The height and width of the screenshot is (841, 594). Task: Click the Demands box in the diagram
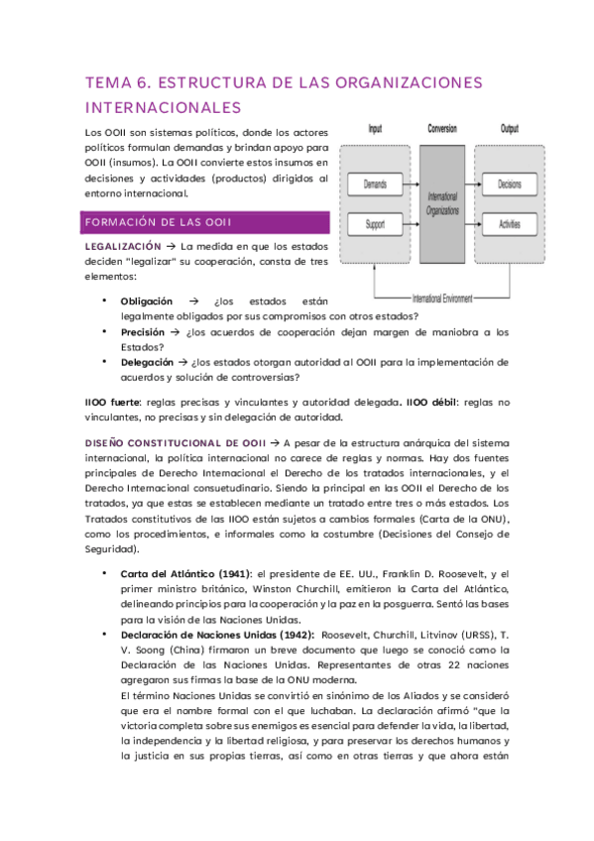coord(375,184)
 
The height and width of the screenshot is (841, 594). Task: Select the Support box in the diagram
coord(375,225)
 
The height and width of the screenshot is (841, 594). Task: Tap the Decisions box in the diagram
coord(510,184)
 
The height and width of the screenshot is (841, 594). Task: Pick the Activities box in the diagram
coord(510,225)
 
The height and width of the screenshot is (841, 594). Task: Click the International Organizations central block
coord(442,204)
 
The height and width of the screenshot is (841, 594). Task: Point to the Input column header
coord(375,130)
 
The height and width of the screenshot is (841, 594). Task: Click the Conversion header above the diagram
coord(442,130)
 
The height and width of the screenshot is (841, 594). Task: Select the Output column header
coord(510,130)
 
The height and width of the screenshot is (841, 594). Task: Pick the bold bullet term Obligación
coord(146,300)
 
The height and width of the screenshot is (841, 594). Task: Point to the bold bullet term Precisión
coord(143,332)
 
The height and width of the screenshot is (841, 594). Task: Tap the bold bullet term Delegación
coord(147,362)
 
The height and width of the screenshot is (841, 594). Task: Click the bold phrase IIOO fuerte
coord(113,402)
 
